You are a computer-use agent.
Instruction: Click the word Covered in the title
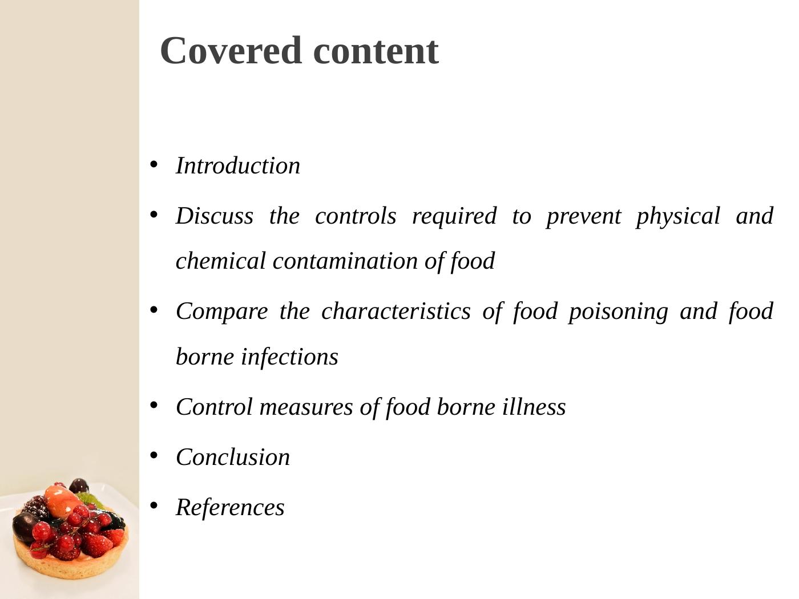pos(231,51)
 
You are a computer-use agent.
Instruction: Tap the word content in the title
pos(376,51)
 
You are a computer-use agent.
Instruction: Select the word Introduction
pos(238,166)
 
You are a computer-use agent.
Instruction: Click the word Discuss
pos(215,216)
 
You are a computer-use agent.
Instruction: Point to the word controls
pos(356,216)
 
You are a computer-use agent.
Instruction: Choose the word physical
pos(678,216)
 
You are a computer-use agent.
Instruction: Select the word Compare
pos(221,311)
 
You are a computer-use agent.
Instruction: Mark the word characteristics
pos(396,311)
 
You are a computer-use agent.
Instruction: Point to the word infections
pos(289,357)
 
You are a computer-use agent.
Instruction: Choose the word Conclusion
pos(233,458)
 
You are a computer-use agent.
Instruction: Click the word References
pos(230,508)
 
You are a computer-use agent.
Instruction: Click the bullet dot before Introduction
pos(154,165)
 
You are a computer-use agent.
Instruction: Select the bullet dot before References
pos(154,505)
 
